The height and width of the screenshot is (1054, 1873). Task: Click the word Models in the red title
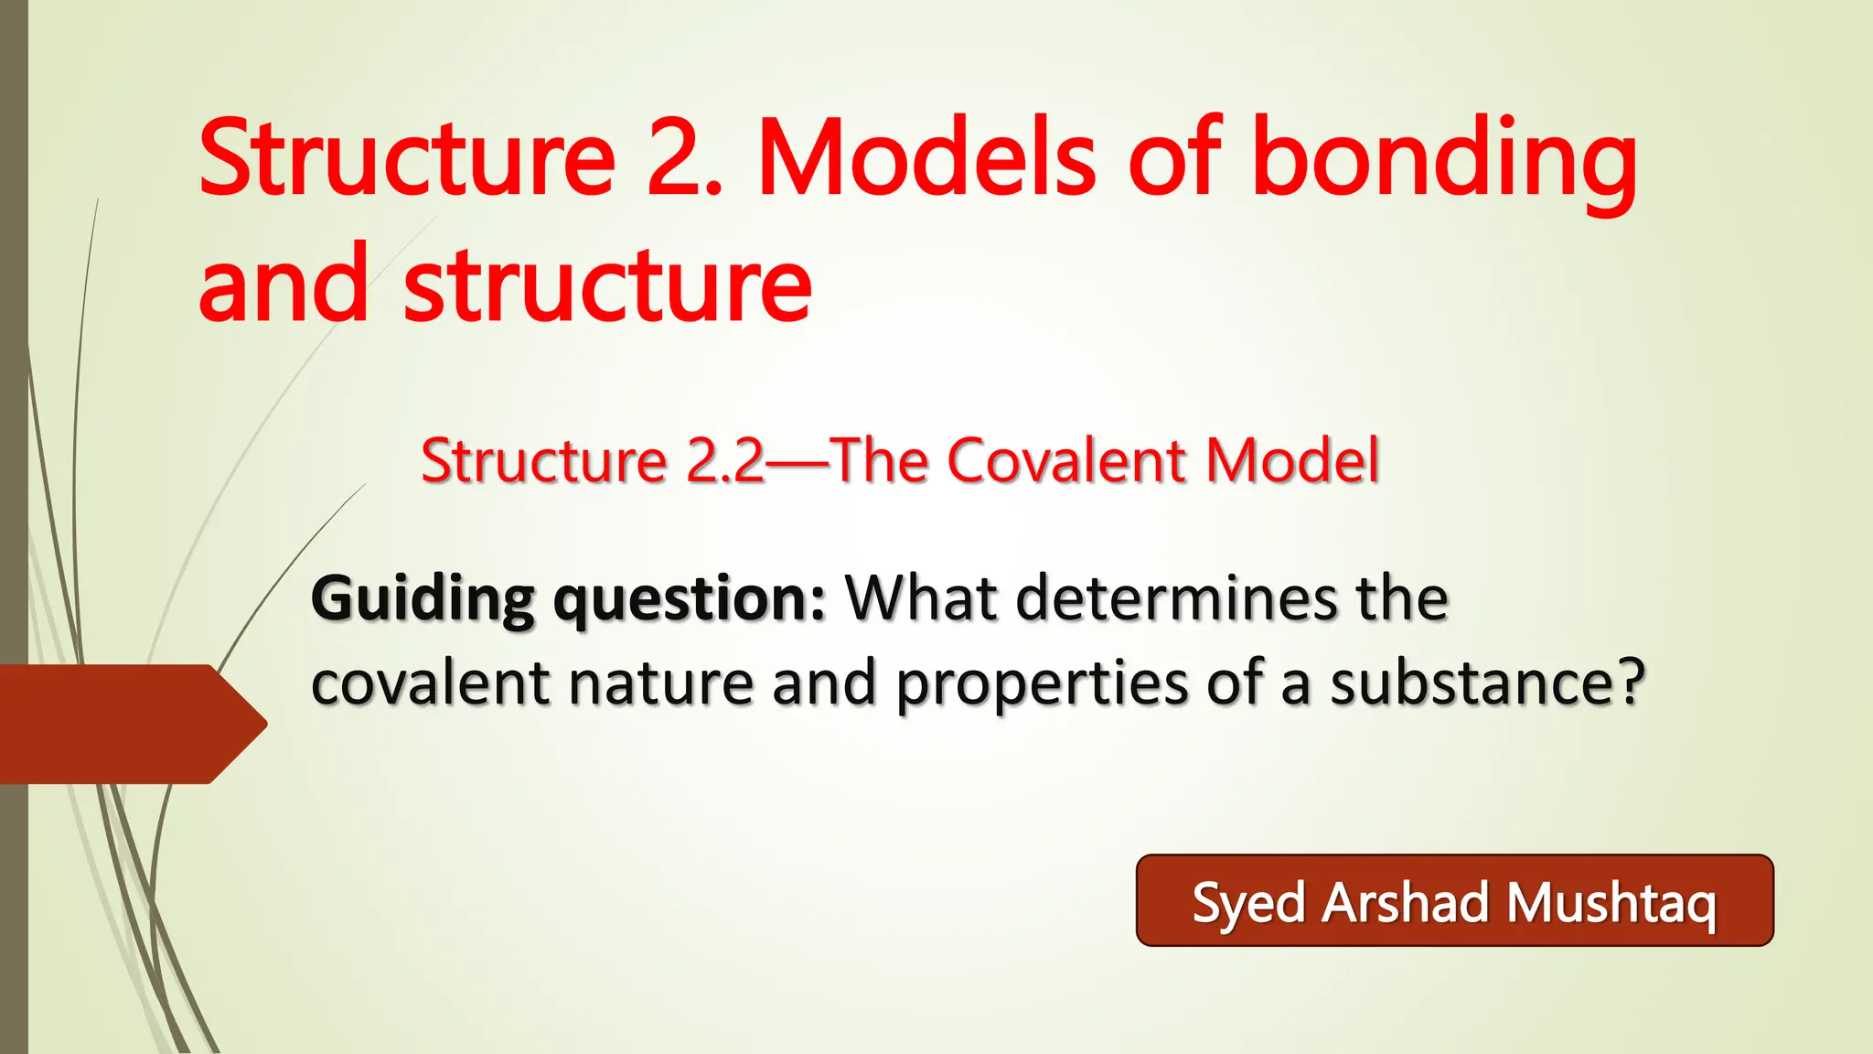(926, 157)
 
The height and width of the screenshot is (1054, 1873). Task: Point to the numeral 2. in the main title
(684, 157)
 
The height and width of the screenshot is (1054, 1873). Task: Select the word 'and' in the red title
(283, 285)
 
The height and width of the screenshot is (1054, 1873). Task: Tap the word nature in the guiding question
(661, 684)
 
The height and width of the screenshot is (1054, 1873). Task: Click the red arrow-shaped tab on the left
(128, 724)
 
